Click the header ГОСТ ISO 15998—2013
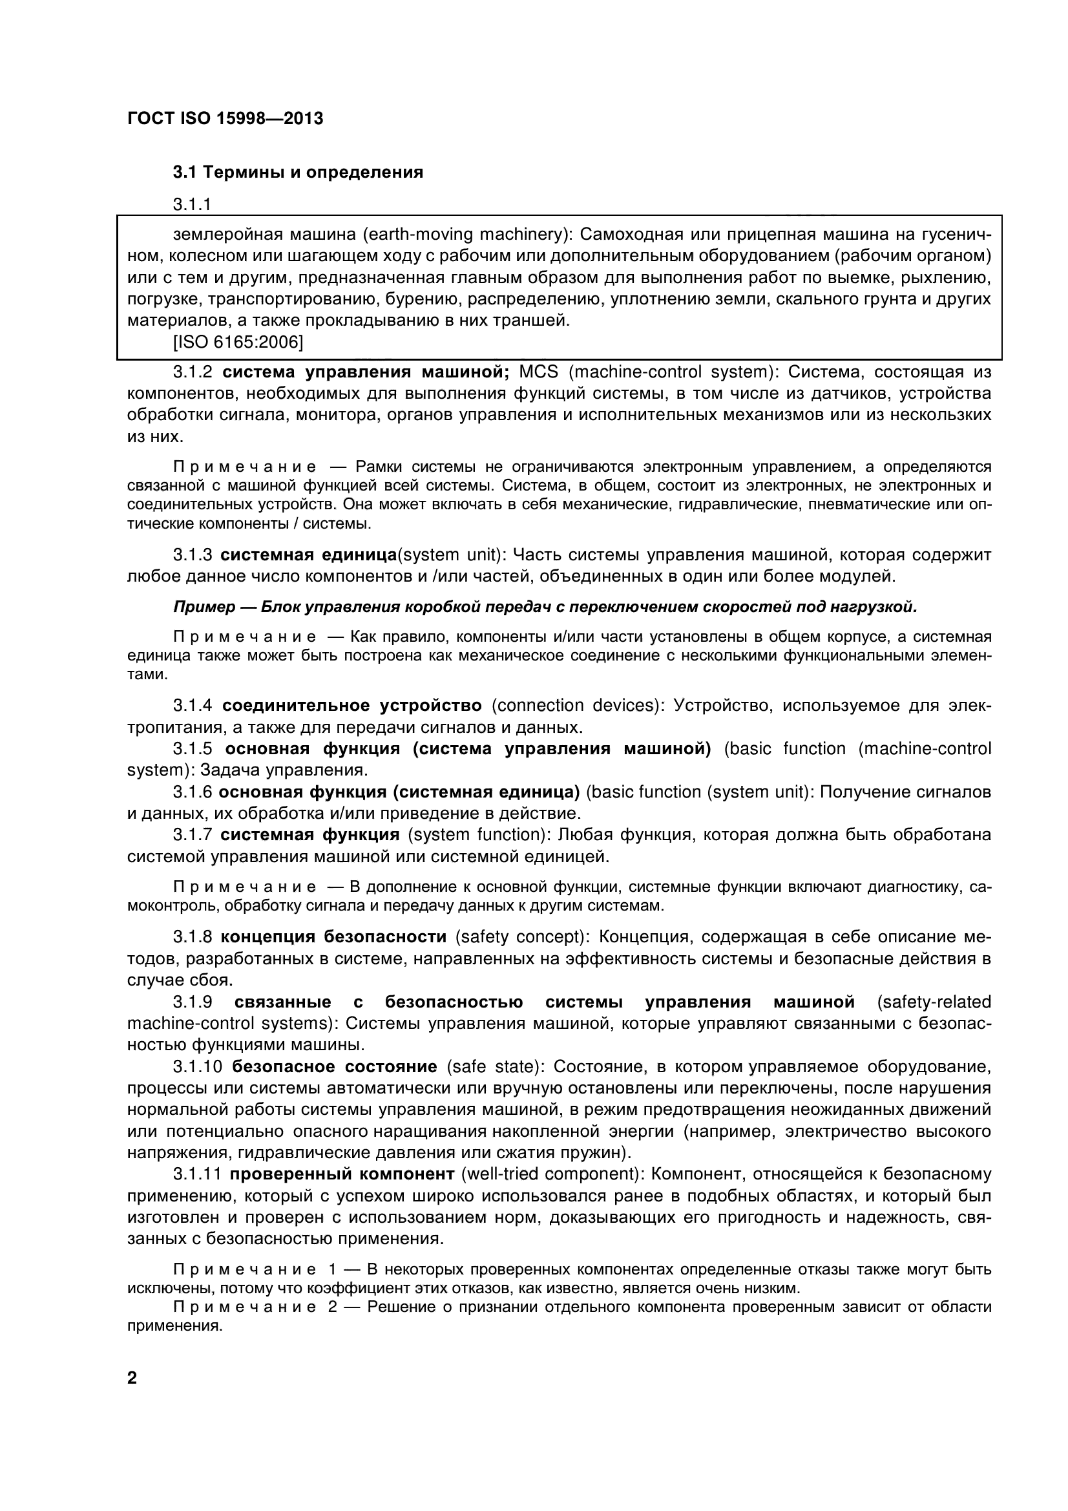[224, 119]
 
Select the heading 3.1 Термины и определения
[297, 173]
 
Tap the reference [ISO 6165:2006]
[238, 343]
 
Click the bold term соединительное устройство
[352, 706]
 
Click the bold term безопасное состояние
[335, 1067]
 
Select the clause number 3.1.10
[198, 1067]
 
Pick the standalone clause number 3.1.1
[192, 205]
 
